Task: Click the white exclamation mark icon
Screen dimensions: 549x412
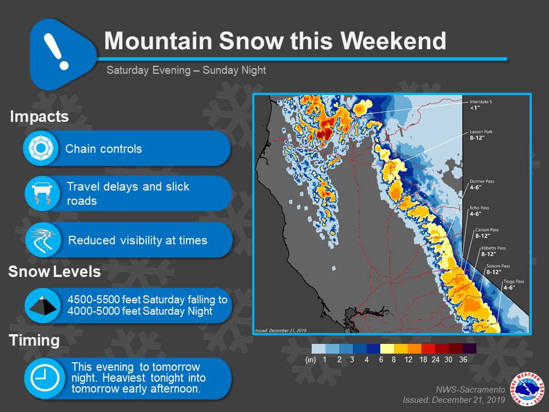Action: (56, 51)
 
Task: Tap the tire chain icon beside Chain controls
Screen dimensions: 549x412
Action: (41, 148)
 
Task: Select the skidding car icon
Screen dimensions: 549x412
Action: (42, 193)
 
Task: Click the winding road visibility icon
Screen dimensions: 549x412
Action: (43, 240)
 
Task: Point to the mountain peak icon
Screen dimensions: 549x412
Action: (43, 306)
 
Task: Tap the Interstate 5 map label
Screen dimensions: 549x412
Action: (480, 105)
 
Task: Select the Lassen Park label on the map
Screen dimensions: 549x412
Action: (481, 135)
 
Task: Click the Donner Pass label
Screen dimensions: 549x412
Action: (482, 184)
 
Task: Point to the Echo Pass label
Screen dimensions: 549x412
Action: (479, 211)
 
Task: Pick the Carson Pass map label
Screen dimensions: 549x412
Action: (486, 233)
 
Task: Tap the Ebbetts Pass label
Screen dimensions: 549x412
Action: (493, 251)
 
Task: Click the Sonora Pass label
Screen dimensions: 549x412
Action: (498, 269)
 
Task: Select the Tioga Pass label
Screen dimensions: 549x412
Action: (514, 284)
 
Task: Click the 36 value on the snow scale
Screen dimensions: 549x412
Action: (463, 360)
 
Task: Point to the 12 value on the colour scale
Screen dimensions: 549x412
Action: (408, 360)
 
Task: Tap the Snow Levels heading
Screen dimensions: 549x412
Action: (54, 271)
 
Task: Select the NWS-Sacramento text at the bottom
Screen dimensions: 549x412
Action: (470, 390)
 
